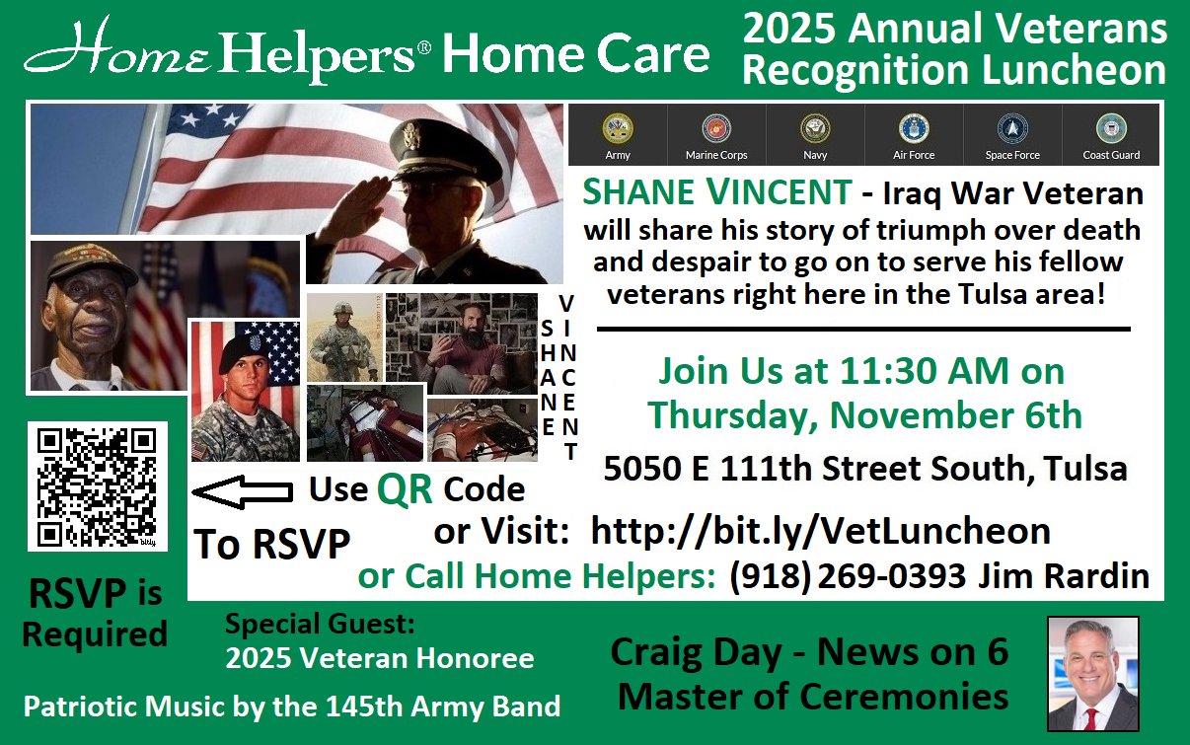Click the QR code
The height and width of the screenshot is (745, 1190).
coord(97,485)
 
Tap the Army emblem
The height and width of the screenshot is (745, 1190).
coord(618,128)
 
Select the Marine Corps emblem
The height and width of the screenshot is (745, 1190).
coord(716,128)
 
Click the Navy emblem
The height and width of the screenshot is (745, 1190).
coord(815,128)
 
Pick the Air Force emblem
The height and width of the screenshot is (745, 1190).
coord(914,128)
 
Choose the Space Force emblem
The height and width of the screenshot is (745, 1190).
coord(1012,128)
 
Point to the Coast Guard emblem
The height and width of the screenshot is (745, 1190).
coord(1111,128)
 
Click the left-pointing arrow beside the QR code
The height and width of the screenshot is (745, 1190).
coord(241,490)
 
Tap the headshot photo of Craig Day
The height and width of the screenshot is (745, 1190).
coord(1092,673)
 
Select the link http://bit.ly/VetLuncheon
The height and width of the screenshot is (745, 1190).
coord(820,531)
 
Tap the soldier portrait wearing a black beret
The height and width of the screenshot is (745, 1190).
coord(244,392)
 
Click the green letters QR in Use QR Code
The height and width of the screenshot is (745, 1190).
coord(405,488)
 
